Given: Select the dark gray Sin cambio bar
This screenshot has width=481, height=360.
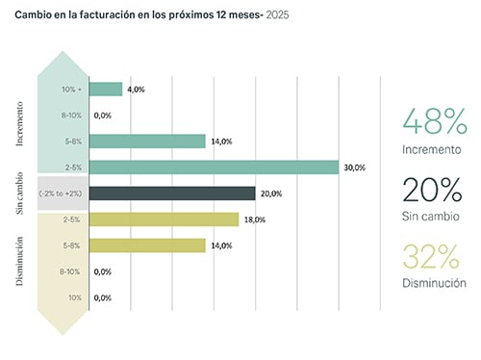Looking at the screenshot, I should pyautogui.click(x=172, y=193).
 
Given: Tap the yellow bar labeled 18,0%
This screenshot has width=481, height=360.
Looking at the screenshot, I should pyautogui.click(x=164, y=219).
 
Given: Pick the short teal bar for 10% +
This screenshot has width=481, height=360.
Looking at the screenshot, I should pyautogui.click(x=106, y=90).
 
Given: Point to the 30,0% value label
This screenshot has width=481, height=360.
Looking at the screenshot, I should pyautogui.click(x=354, y=167).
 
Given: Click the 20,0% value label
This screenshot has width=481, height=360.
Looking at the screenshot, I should pyautogui.click(x=270, y=193).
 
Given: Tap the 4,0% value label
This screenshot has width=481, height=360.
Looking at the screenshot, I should pyautogui.click(x=136, y=90).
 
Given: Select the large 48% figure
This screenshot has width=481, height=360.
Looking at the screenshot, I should pyautogui.click(x=435, y=122).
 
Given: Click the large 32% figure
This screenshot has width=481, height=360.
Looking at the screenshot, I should pyautogui.click(x=435, y=257).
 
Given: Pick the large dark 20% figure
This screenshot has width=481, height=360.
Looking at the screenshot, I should pyautogui.click(x=435, y=190).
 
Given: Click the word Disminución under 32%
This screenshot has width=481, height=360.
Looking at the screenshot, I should pyautogui.click(x=435, y=284).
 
